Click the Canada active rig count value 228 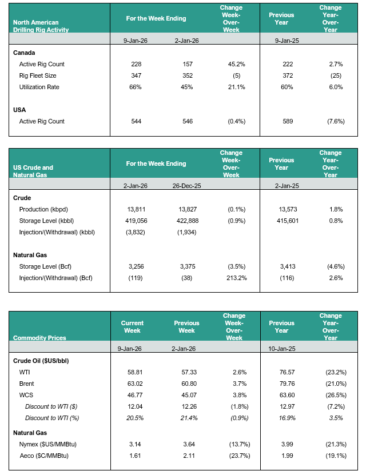click(136, 64)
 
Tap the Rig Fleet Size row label click(38, 75)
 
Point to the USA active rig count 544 click(136, 121)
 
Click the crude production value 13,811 click(136, 210)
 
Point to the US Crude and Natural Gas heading click(33, 171)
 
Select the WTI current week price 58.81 click(136, 373)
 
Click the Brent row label click(27, 384)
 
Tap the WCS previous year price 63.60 click(281, 396)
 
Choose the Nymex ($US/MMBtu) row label click(47, 441)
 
